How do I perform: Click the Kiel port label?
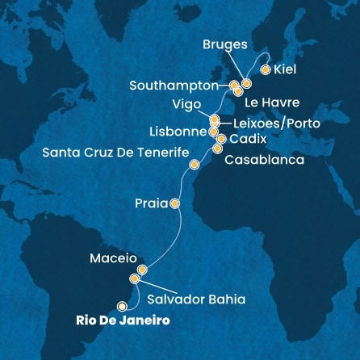pyautogui.click(x=285, y=69)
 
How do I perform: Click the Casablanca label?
pyautogui.click(x=264, y=160)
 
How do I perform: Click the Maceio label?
pyautogui.click(x=109, y=260)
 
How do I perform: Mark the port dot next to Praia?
pyautogui.click(x=175, y=203)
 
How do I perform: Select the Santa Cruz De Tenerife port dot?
pyautogui.click(x=193, y=165)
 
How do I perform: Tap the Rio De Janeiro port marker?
pyautogui.click(x=123, y=306)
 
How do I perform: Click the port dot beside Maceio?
pyautogui.click(x=142, y=270)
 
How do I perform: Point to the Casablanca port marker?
pyautogui.click(x=216, y=149)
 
